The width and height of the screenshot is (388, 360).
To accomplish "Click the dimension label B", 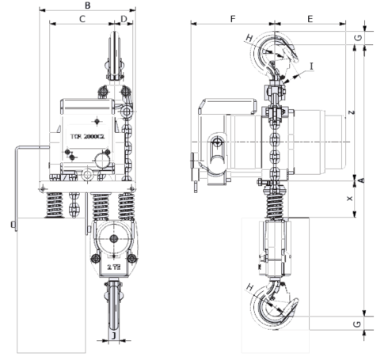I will [x=87, y=6].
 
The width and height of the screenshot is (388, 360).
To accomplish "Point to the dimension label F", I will [x=232, y=17].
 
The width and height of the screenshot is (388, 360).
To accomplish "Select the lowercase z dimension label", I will [x=351, y=112].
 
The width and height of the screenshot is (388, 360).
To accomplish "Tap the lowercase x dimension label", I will [x=351, y=199].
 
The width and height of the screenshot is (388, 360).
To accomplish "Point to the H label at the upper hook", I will [x=249, y=38].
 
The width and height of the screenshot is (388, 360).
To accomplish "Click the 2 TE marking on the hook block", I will [x=113, y=269].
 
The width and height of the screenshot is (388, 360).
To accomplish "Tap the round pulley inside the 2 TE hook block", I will [x=113, y=240].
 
